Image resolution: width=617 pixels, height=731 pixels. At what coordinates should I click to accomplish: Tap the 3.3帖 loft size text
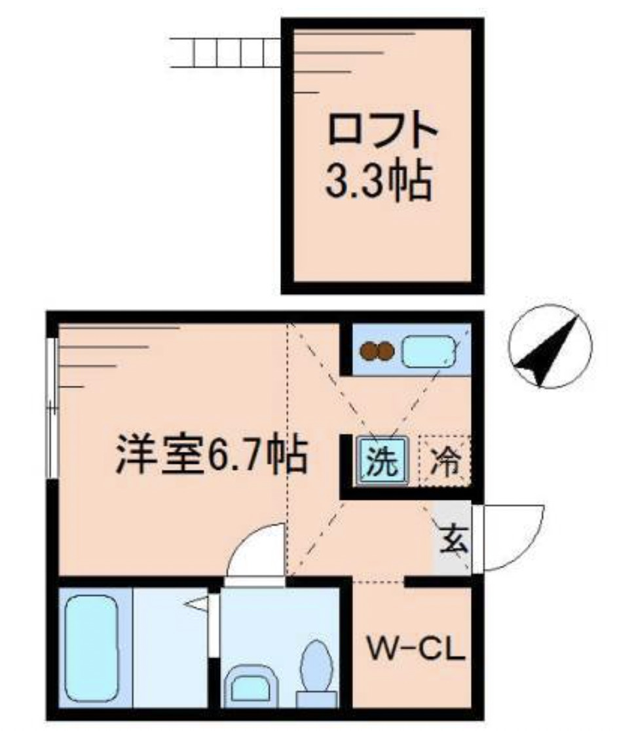coord(378,181)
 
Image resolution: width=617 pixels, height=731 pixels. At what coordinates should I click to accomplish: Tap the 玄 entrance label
coord(454,540)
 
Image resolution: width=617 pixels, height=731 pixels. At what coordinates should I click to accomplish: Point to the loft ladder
coord(225,52)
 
